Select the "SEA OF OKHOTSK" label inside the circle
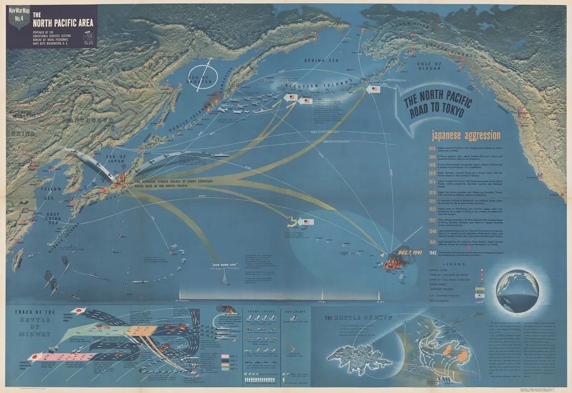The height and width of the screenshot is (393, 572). (205, 78)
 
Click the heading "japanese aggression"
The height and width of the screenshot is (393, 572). (466, 135)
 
